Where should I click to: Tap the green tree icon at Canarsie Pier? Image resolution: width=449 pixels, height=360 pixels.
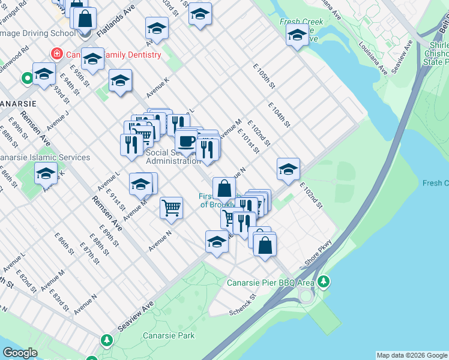324,281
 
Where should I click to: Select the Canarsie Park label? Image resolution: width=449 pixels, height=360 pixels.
169,335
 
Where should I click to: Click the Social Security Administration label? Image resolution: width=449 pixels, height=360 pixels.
173,157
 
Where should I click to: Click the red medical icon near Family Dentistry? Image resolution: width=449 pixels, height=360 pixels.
57,54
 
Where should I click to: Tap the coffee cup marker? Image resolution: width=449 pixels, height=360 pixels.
187,141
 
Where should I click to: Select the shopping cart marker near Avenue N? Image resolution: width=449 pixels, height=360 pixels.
172,208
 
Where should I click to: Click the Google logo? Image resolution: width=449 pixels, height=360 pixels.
20,353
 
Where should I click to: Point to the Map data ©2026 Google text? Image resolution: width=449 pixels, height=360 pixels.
412,355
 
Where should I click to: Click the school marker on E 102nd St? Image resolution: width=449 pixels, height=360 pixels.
288,169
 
